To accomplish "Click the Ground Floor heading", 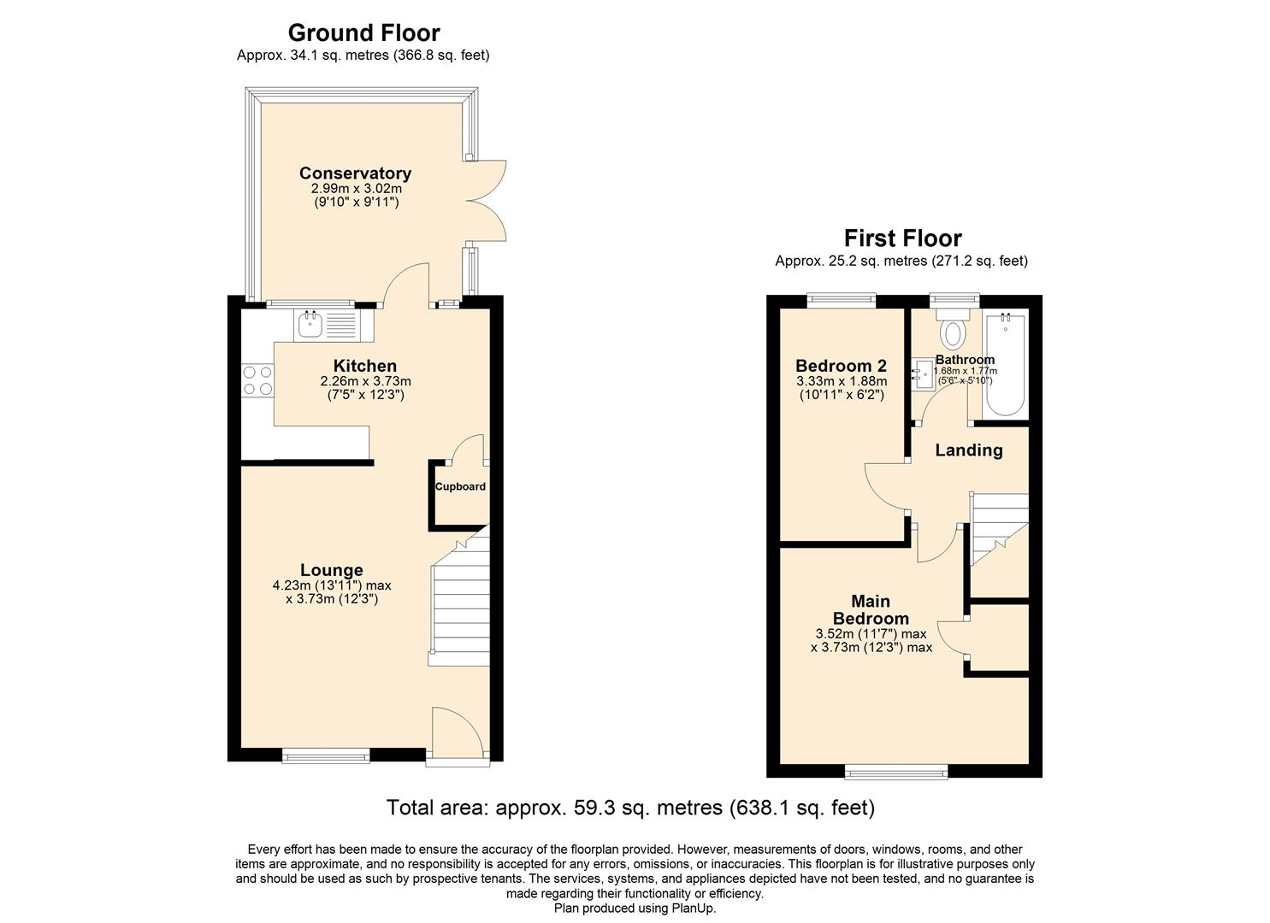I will (363, 32).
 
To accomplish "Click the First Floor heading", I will (902, 238).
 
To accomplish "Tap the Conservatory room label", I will (355, 173).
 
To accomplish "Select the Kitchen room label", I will (364, 366).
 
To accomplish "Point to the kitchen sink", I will (310, 325).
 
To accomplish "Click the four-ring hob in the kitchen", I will (257, 380).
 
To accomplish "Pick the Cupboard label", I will (460, 487).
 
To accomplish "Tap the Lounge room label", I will (331, 570).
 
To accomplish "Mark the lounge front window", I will (327, 755).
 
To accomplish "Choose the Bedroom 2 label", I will (841, 366).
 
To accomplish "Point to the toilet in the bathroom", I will (953, 330).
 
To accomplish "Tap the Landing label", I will (968, 450).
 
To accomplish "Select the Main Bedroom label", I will (871, 610).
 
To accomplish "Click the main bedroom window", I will (896, 772).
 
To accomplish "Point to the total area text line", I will (630, 808).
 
